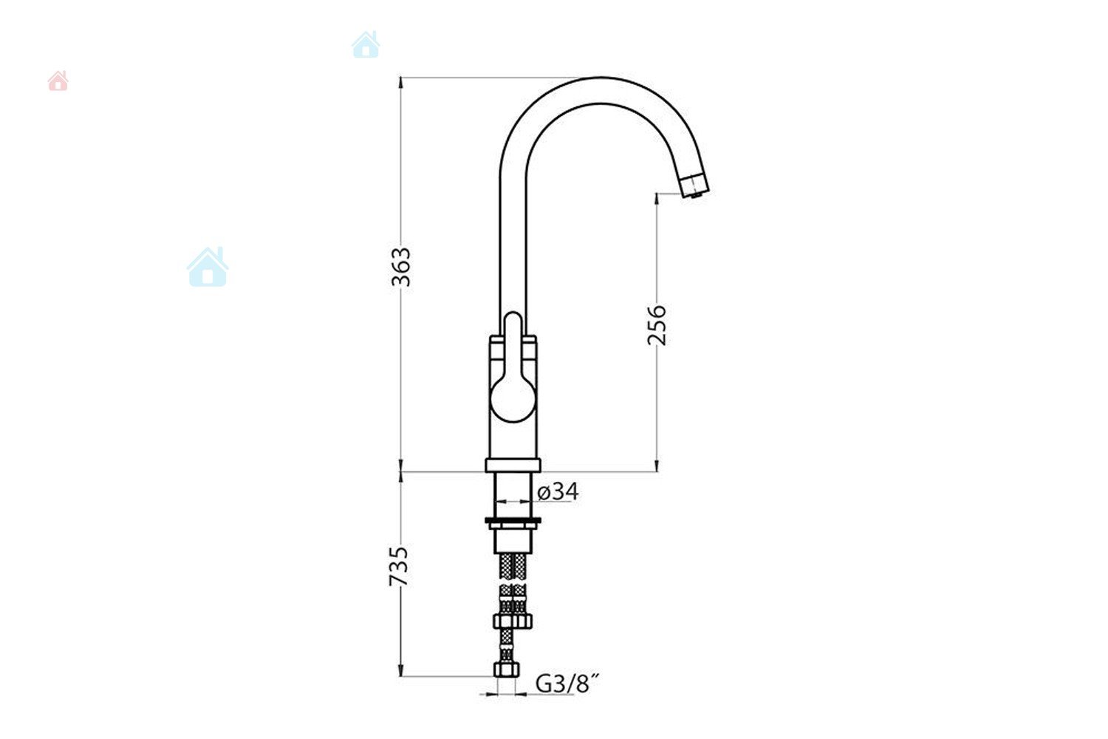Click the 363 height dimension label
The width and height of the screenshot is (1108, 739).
(400, 267)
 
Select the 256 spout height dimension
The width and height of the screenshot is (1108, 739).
(657, 325)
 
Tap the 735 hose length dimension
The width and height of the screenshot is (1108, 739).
(399, 566)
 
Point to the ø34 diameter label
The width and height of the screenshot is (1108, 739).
(558, 491)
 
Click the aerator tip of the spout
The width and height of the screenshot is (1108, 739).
(695, 185)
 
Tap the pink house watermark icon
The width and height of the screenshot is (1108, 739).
(58, 81)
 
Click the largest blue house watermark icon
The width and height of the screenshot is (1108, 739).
(208, 268)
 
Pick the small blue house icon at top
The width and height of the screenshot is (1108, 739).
(366, 44)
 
